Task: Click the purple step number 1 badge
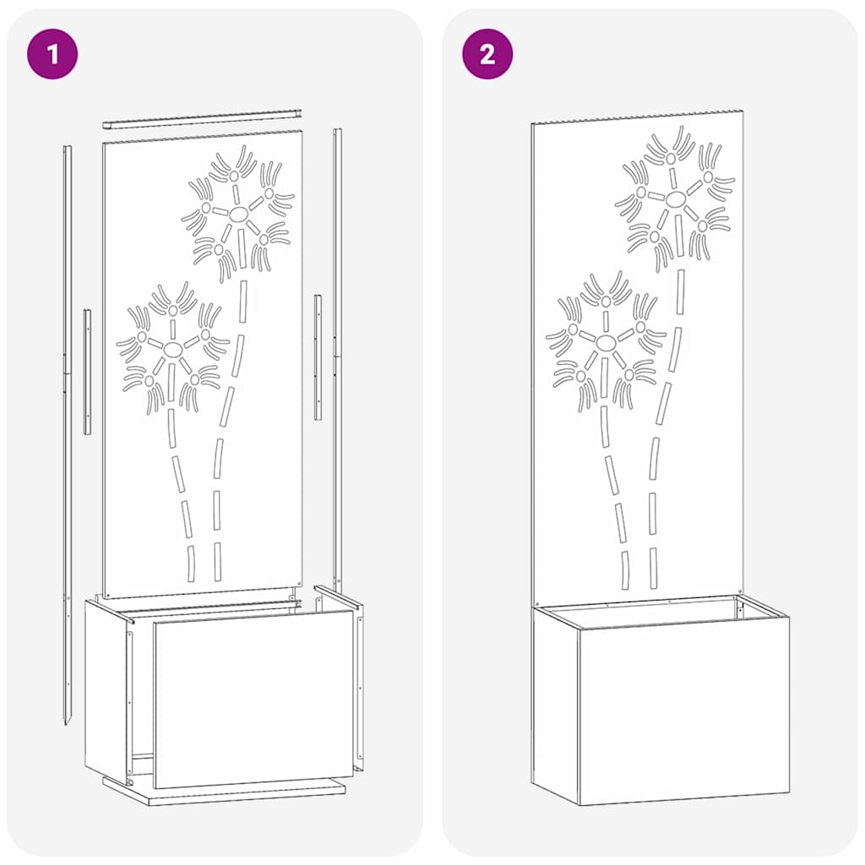click(52, 54)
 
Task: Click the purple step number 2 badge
click(487, 54)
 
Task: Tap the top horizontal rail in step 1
click(203, 118)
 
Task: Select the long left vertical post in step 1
click(68, 380)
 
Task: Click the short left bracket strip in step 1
click(87, 372)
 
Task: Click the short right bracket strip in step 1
click(318, 356)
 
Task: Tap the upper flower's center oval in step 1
click(238, 212)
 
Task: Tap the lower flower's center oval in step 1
click(172, 348)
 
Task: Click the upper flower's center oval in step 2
click(675, 199)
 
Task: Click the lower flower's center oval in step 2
click(607, 342)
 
